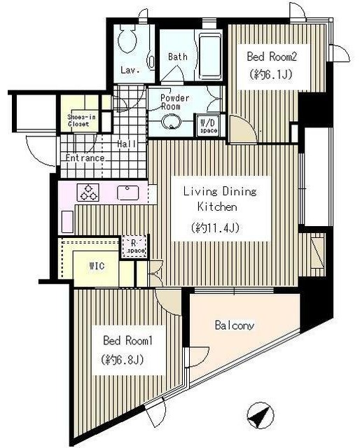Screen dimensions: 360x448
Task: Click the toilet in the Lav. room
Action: (x=127, y=39)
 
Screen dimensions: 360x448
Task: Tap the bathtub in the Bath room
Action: (x=210, y=57)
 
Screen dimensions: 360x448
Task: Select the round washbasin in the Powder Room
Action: (x=171, y=122)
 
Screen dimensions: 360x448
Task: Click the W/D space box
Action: (x=209, y=125)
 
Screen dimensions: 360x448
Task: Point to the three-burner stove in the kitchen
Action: (x=88, y=192)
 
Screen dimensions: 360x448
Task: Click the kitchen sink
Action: (x=128, y=192)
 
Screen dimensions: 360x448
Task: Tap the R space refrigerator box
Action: (x=134, y=246)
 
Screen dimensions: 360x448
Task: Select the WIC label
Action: (x=97, y=266)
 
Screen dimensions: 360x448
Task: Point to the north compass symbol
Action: (x=261, y=415)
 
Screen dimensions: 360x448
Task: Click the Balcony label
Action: (x=235, y=325)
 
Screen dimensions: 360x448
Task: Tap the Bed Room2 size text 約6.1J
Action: (x=271, y=75)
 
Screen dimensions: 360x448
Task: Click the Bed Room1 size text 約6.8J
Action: (x=122, y=359)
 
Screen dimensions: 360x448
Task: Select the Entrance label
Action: (x=85, y=157)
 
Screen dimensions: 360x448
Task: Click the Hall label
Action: (x=127, y=143)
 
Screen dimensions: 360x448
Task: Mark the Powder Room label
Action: (x=174, y=102)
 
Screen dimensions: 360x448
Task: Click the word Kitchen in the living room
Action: (x=217, y=206)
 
